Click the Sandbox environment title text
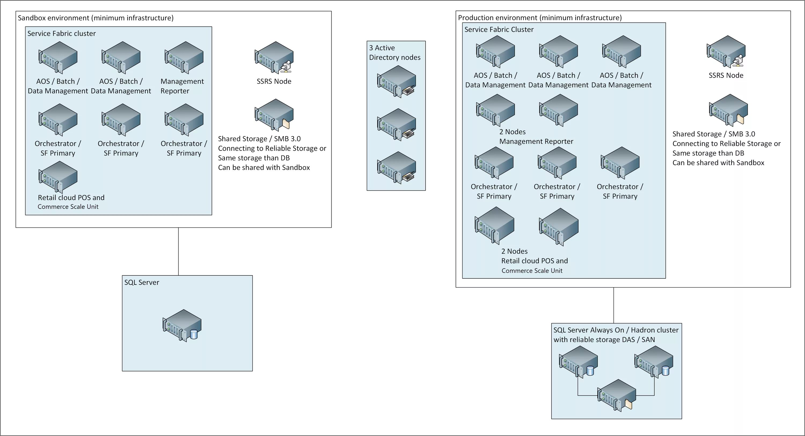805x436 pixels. (96, 18)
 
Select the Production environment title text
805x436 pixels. (540, 17)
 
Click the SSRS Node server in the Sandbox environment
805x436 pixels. (274, 57)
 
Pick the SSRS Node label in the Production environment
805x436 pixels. (726, 75)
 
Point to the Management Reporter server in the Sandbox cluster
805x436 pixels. (184, 57)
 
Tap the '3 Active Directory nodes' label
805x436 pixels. (394, 53)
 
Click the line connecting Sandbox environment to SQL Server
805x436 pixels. (178, 252)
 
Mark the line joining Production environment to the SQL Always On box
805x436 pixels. (613, 305)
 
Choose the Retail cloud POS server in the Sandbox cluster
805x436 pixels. (58, 177)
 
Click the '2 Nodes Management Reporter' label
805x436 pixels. (536, 137)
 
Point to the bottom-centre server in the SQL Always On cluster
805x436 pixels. (616, 395)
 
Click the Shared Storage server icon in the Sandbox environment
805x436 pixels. (274, 115)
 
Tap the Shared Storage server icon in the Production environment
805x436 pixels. (728, 110)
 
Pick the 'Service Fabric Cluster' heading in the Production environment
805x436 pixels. (499, 30)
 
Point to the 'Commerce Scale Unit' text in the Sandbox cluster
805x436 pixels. (68, 207)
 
